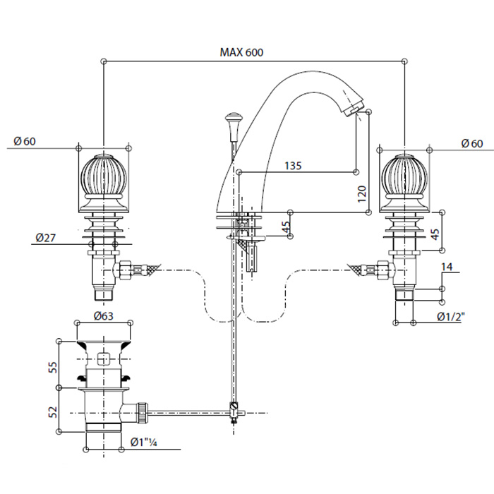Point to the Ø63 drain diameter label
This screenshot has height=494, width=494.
[104, 316]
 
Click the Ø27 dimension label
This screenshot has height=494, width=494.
[46, 238]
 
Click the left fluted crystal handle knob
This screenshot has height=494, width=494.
[104, 179]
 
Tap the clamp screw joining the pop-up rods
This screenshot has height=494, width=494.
[233, 407]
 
